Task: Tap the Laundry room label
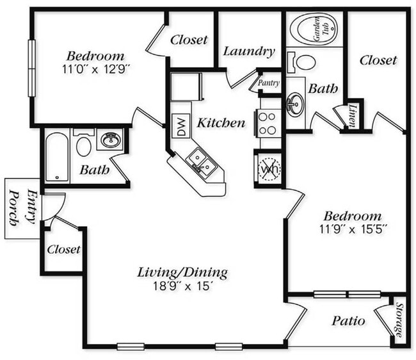(x=249, y=52)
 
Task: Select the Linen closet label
(x=351, y=115)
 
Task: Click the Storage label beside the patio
(x=399, y=320)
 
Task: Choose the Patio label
(x=348, y=321)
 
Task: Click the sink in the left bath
(x=111, y=139)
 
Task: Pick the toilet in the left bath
(x=84, y=145)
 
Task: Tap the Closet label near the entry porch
(x=63, y=249)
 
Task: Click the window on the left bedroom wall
(x=31, y=68)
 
